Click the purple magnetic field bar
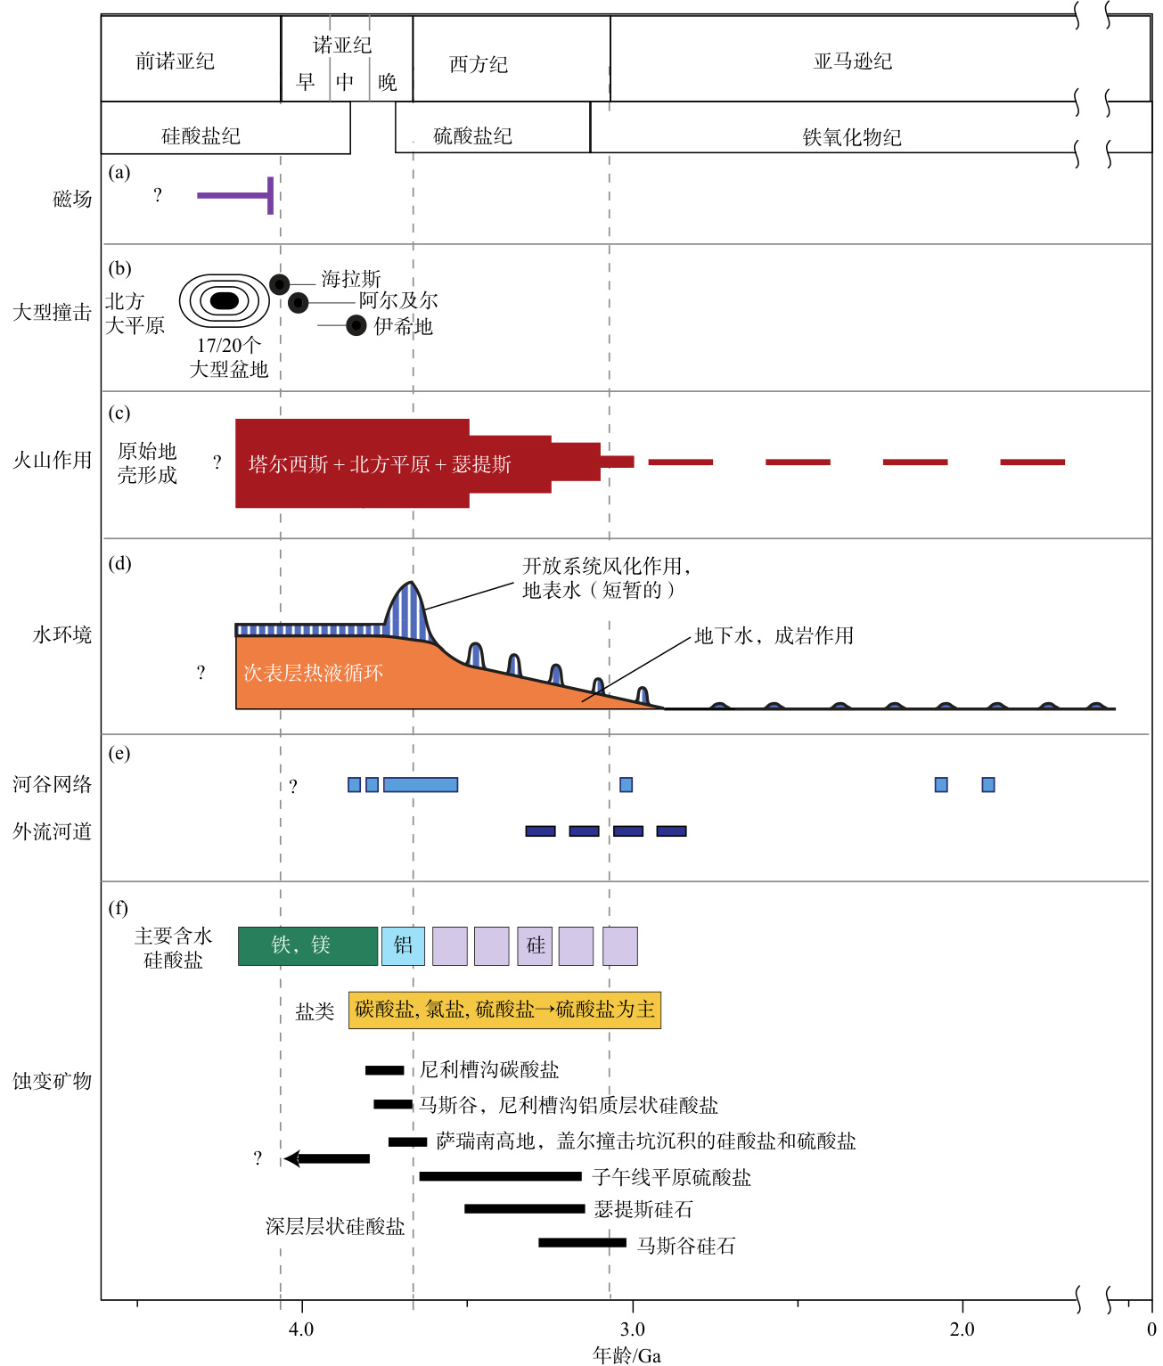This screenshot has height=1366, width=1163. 235,196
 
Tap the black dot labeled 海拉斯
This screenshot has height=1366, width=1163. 280,284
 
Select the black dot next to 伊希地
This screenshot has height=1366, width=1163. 356,325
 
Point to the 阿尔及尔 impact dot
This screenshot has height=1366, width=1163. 298,303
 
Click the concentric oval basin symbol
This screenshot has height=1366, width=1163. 225,300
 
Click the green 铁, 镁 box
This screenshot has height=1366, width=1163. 308,945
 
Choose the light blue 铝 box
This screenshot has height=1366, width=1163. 403,945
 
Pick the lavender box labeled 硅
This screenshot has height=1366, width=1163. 535,945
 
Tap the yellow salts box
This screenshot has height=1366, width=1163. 504,1010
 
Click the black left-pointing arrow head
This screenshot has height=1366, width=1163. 291,1158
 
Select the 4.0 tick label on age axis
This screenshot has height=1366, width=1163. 301,1329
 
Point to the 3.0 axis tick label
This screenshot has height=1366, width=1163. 633,1329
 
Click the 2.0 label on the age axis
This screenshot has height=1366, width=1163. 962,1329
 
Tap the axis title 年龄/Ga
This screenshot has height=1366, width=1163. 627,1355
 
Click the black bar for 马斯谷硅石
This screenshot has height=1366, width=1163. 582,1243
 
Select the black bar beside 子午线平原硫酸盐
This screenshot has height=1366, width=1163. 500,1176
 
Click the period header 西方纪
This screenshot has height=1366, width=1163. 479,65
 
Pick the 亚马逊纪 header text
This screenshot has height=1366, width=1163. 853,61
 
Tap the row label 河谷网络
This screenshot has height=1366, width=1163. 53,784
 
